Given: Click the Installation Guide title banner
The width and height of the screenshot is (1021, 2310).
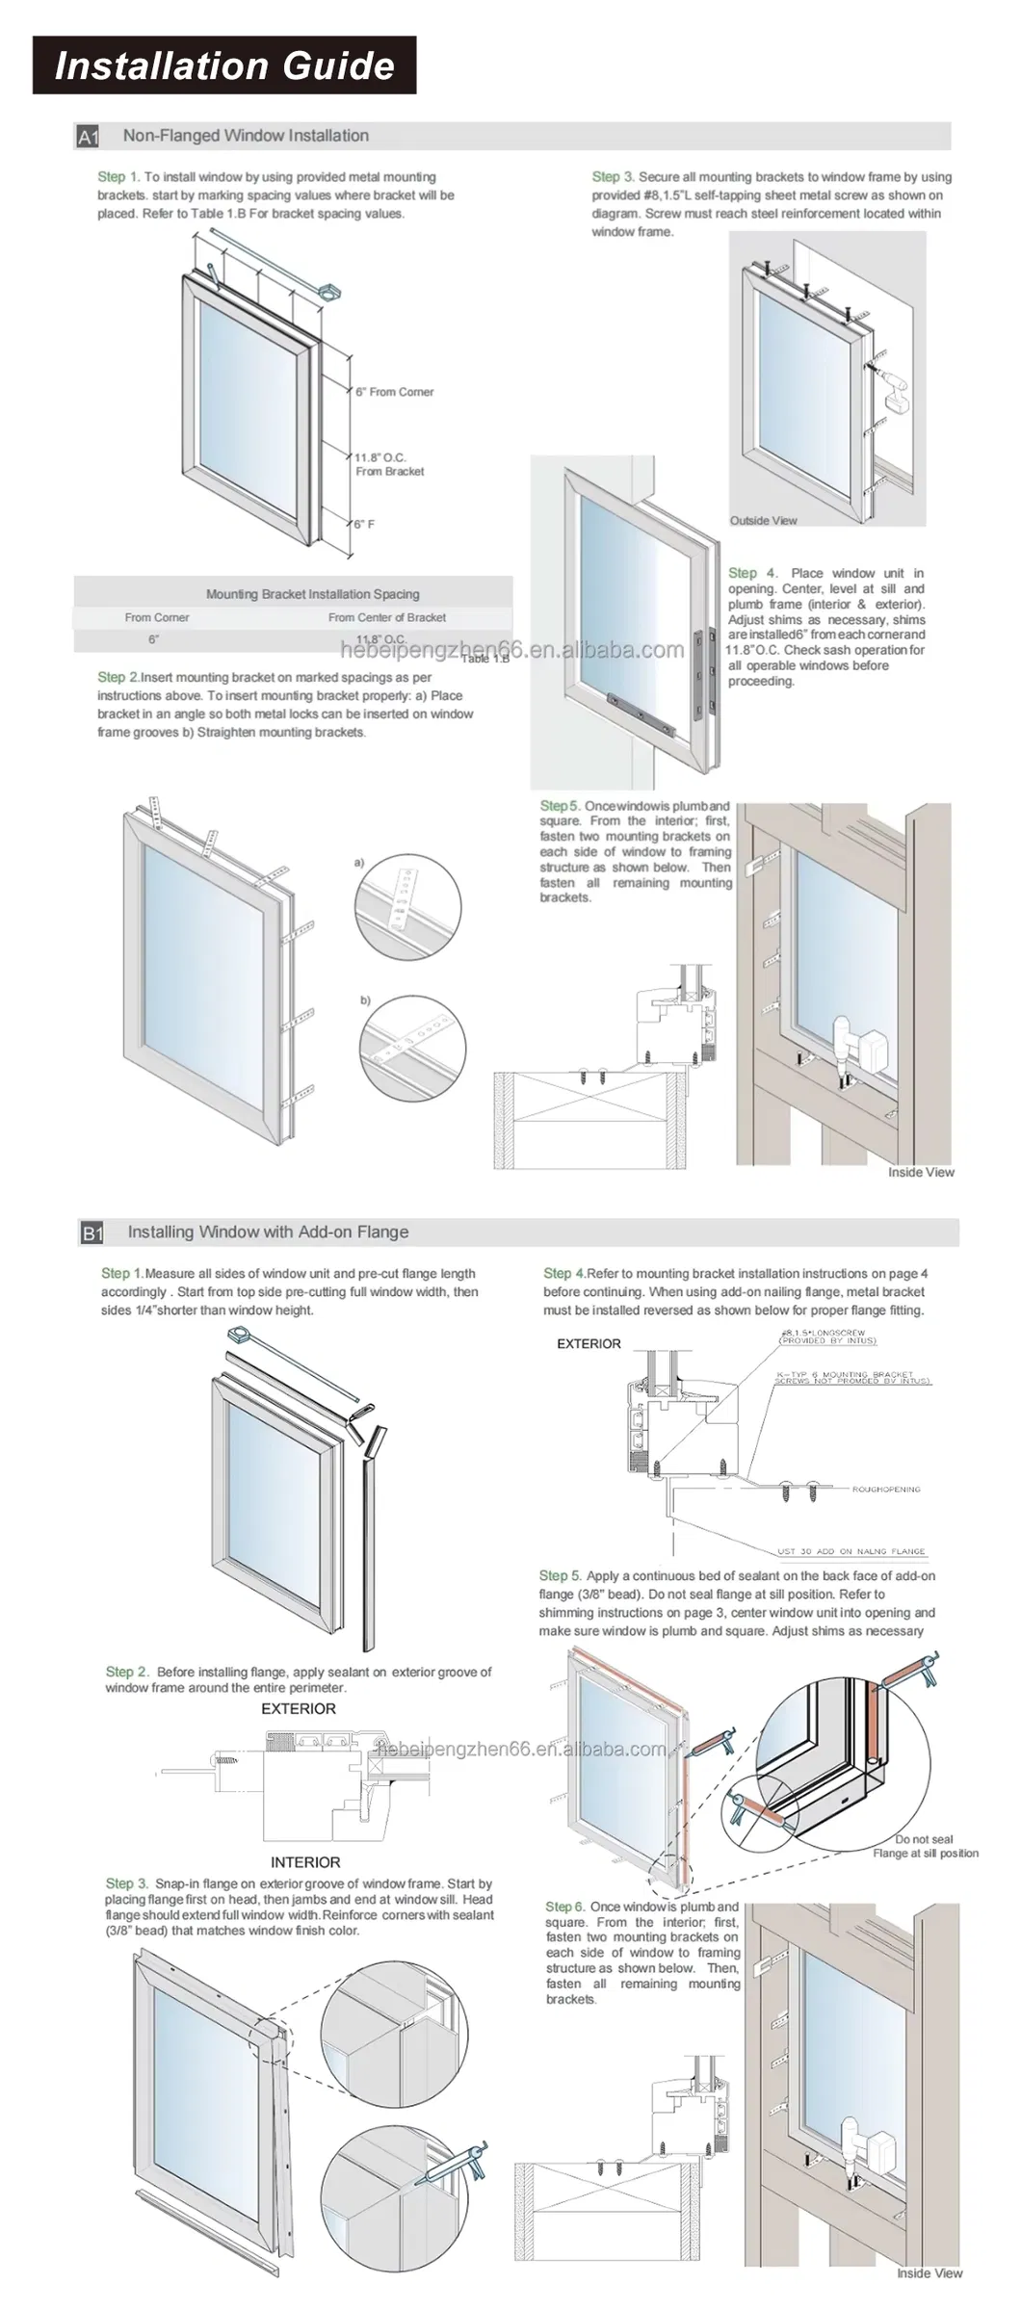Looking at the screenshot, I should pyautogui.click(x=224, y=65).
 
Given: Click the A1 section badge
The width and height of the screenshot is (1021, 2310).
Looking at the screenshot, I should pyautogui.click(x=89, y=137).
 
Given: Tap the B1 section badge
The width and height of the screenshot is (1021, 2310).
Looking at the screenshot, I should pyautogui.click(x=92, y=1233).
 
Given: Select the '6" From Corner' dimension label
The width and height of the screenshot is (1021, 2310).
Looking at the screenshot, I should pyautogui.click(x=394, y=392).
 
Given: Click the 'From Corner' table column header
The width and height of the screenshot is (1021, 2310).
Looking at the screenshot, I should pyautogui.click(x=156, y=617).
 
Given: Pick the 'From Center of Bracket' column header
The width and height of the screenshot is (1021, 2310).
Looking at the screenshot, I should pyautogui.click(x=386, y=617).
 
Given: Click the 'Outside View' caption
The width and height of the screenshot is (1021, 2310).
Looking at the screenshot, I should pyautogui.click(x=763, y=520).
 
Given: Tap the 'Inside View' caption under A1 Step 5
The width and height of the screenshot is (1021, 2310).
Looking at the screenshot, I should pyautogui.click(x=920, y=1172).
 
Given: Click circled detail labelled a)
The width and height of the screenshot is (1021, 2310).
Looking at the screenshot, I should pyautogui.click(x=408, y=907).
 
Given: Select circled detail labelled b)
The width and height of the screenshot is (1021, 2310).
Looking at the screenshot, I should pyautogui.click(x=412, y=1048).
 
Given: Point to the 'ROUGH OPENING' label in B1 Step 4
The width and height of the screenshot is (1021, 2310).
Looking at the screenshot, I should pyautogui.click(x=885, y=1489).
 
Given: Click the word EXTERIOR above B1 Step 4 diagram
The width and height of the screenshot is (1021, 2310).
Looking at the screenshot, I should pyautogui.click(x=589, y=1343).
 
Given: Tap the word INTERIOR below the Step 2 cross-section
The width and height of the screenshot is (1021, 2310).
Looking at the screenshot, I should pyautogui.click(x=304, y=1862).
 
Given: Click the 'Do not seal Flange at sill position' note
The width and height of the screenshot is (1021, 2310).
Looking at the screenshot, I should pyautogui.click(x=925, y=1846).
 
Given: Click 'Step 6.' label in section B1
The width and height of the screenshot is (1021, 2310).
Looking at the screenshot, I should pyautogui.click(x=564, y=1907).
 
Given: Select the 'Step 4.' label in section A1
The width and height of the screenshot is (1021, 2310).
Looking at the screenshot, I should pyautogui.click(x=752, y=573).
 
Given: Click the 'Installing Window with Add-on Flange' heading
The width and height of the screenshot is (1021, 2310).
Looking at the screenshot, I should pyautogui.click(x=268, y=1232).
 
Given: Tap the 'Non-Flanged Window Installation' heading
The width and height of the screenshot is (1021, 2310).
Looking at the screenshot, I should pyautogui.click(x=246, y=136).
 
